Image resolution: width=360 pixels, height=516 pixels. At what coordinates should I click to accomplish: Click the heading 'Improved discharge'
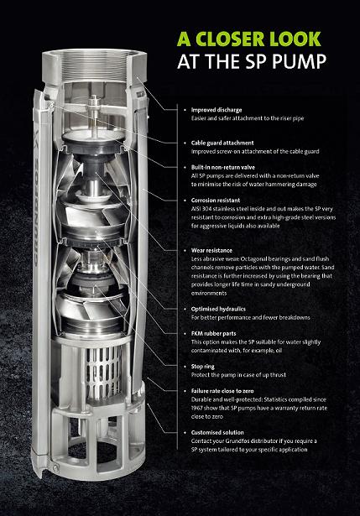[x=217, y=110]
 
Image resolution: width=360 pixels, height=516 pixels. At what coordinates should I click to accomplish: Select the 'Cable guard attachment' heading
[x=222, y=143]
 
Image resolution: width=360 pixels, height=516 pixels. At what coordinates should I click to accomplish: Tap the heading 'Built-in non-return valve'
[x=223, y=167]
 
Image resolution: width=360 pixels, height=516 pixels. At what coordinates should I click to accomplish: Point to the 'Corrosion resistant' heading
[x=216, y=200]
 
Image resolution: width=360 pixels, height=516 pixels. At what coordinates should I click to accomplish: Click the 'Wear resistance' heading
[x=211, y=250]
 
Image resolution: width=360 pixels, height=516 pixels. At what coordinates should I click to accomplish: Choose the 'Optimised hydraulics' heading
[x=218, y=309]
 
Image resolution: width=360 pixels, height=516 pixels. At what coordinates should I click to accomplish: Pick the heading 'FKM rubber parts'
[x=213, y=333]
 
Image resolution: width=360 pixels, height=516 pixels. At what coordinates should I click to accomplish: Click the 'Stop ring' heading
[x=203, y=367]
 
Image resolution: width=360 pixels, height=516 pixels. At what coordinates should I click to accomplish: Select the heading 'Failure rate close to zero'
[x=222, y=391]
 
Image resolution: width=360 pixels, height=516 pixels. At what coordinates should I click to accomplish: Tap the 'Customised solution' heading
[x=217, y=432]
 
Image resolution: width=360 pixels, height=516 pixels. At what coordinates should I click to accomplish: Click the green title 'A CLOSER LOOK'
[x=248, y=39]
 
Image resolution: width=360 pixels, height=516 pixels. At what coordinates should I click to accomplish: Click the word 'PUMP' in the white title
[x=299, y=61]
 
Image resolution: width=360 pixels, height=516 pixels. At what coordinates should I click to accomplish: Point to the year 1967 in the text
[x=197, y=408]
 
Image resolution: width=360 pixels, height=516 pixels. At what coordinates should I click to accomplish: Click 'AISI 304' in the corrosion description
[x=201, y=209]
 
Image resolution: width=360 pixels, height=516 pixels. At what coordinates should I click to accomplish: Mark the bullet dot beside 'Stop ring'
[x=185, y=367]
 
